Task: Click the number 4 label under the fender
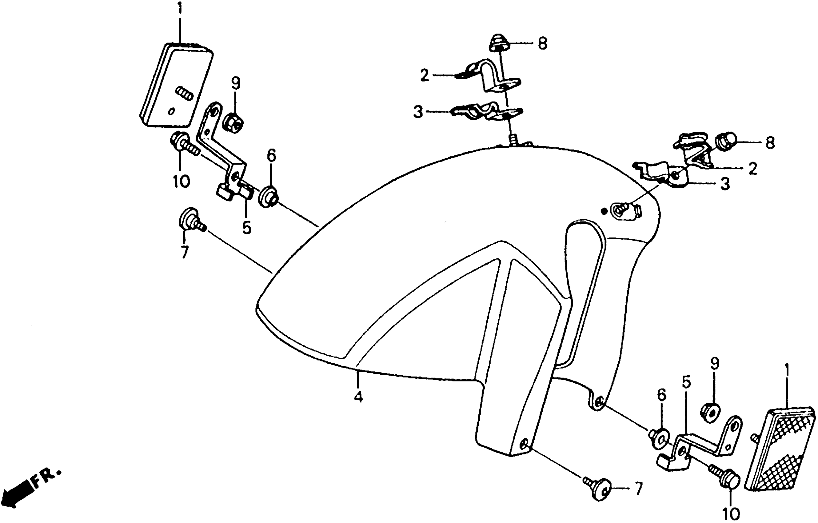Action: pyautogui.click(x=358, y=396)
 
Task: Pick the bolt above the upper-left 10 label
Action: pyautogui.click(x=184, y=146)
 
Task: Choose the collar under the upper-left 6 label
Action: pyautogui.click(x=268, y=197)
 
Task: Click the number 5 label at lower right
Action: pyautogui.click(x=686, y=382)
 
